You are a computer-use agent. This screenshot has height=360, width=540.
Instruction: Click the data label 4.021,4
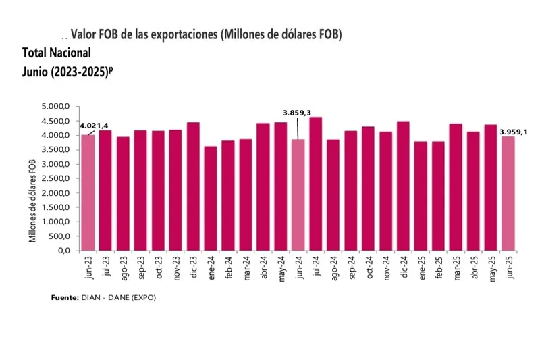tap(94, 126)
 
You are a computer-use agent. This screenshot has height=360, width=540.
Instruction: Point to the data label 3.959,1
tap(514, 132)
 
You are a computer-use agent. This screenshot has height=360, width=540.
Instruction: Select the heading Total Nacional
tap(57, 53)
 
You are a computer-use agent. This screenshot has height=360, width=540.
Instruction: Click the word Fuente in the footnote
tap(65, 297)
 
